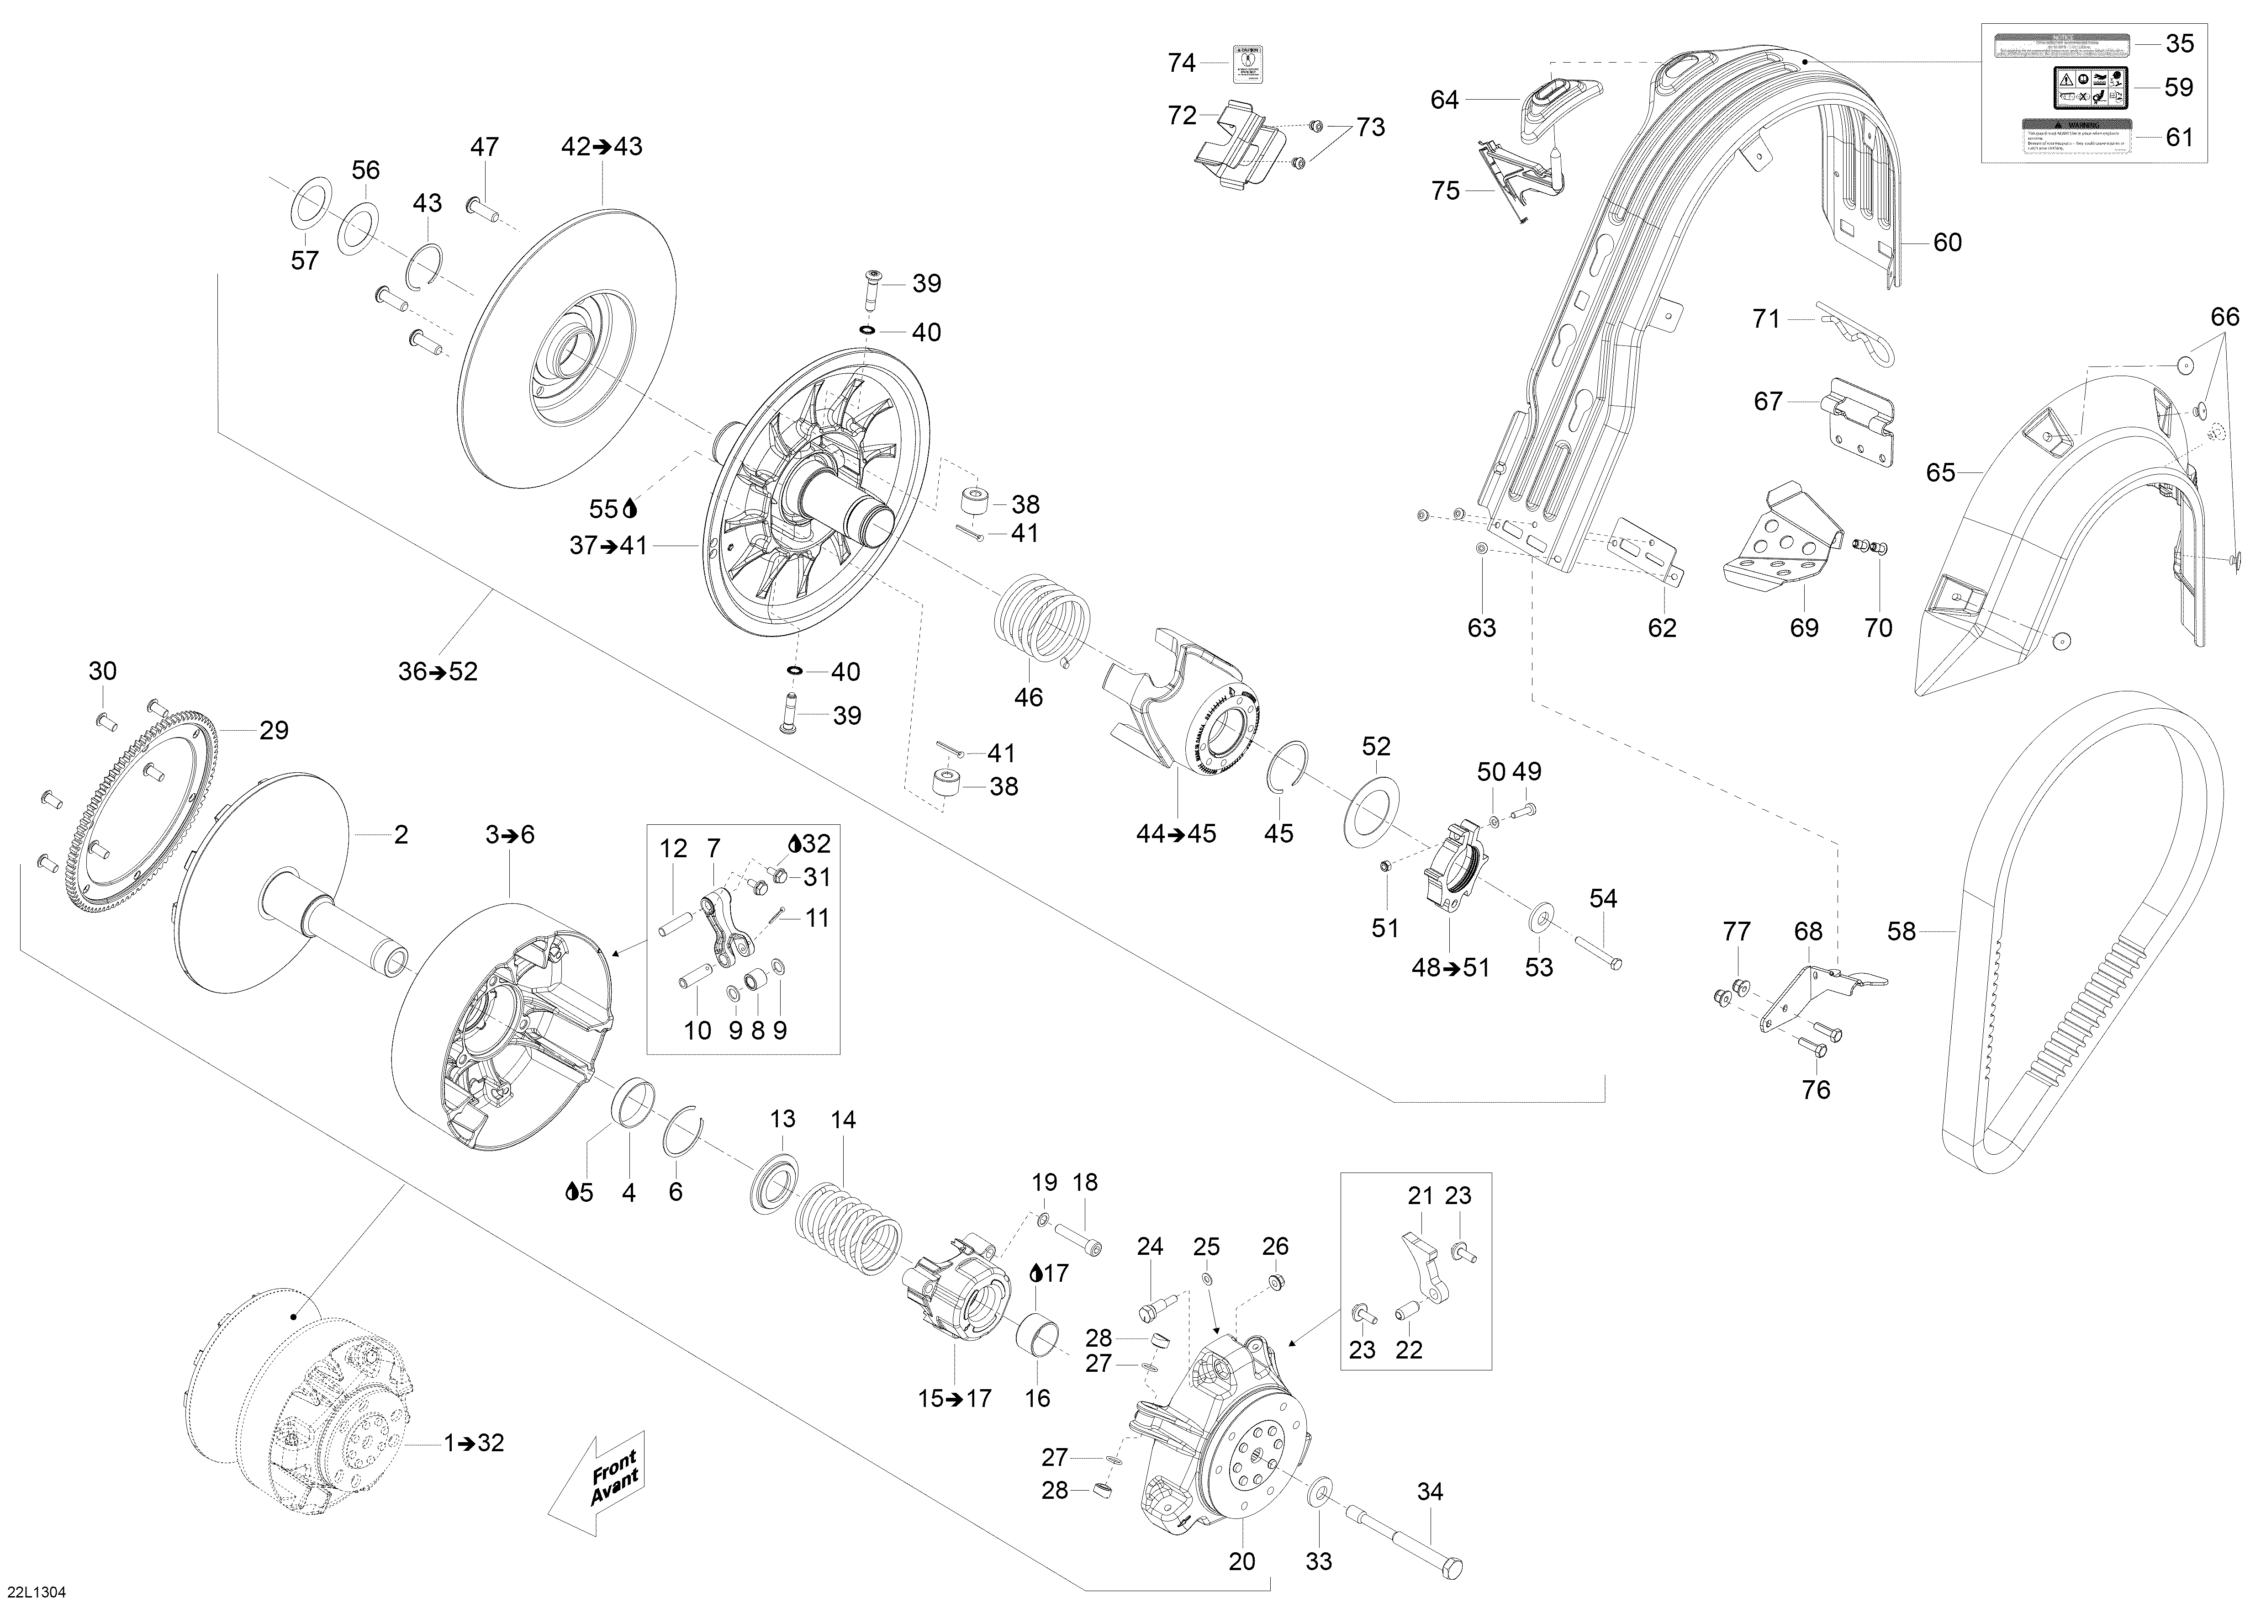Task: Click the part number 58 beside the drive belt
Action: coord(1901,931)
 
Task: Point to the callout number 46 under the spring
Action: coord(1028,697)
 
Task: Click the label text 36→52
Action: coord(437,671)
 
